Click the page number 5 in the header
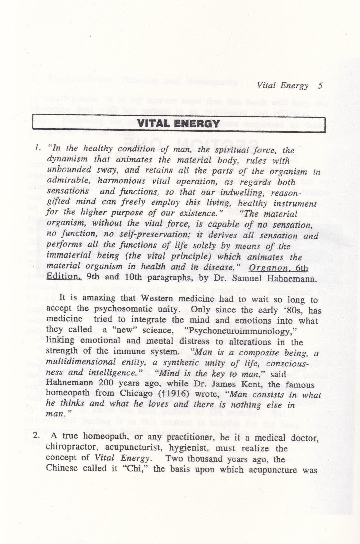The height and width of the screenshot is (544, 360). pyautogui.click(x=320, y=85)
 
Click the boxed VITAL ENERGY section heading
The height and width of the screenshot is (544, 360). pyautogui.click(x=179, y=124)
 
